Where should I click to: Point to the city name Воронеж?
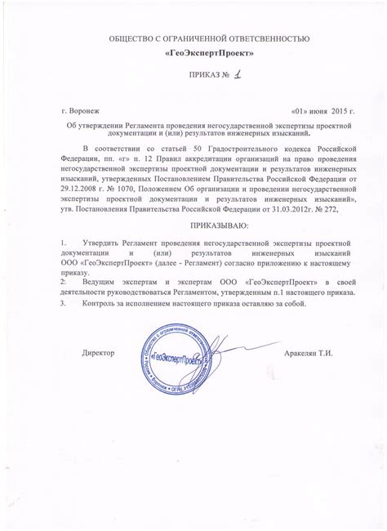[86, 109]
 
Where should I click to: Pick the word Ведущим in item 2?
[99, 279]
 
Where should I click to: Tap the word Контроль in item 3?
[100, 305]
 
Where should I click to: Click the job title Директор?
[99, 352]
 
